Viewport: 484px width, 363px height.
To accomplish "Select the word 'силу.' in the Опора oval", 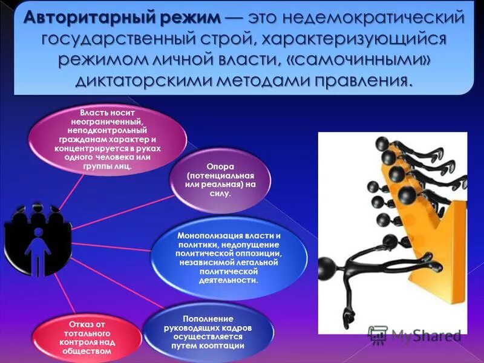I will pos(221,194).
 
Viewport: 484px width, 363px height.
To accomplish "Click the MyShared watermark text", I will pos(426,335).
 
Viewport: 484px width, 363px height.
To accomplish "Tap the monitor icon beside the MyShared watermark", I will pos(378,335).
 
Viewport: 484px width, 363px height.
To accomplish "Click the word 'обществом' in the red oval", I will pos(90,351).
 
